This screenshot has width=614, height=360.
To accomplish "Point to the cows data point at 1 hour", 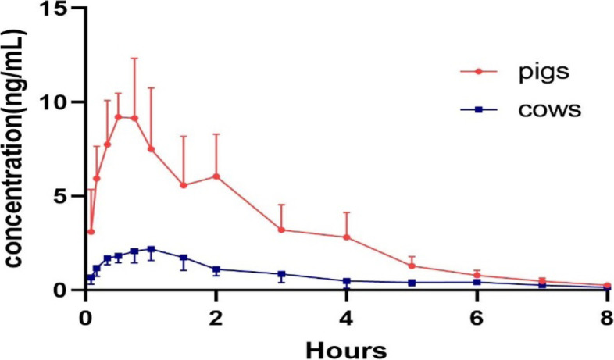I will (x=151, y=250).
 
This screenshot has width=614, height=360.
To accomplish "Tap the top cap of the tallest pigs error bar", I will (x=134, y=58).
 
